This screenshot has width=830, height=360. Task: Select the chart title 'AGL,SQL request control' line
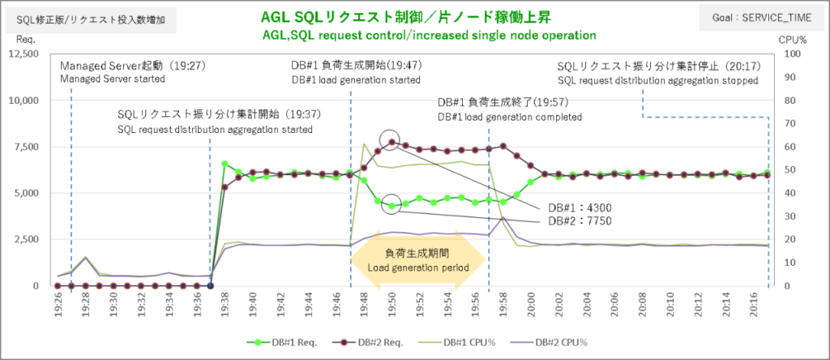(x=430, y=36)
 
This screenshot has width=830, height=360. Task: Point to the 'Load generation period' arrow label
(x=418, y=267)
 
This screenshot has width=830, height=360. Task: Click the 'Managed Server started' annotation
(x=113, y=79)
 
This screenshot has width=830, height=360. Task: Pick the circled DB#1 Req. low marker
(x=391, y=206)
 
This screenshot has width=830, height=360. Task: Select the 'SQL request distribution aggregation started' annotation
(x=215, y=130)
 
